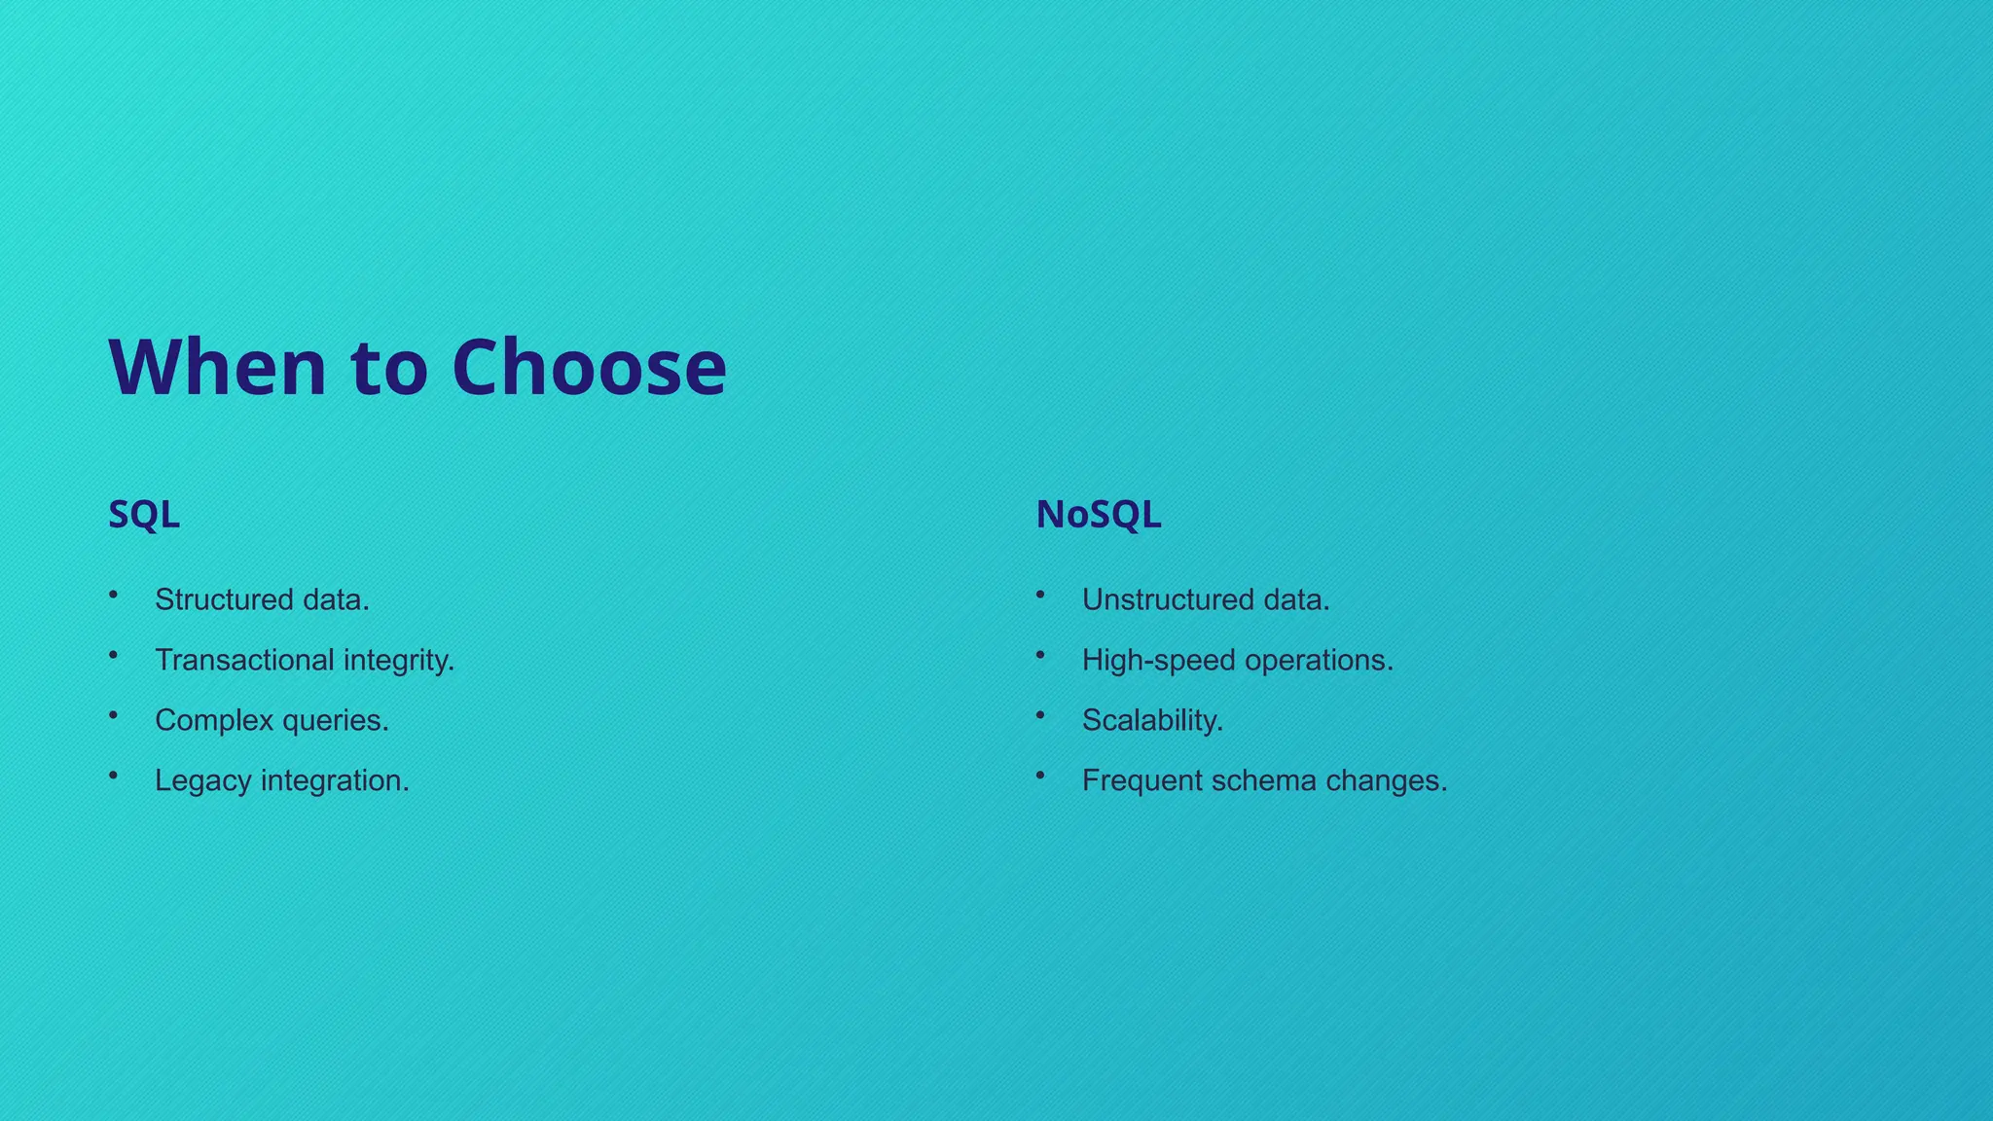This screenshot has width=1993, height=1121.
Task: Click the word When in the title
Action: (x=217, y=368)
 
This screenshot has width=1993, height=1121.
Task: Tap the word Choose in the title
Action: (x=589, y=368)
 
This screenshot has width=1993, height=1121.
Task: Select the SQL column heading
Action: (x=144, y=515)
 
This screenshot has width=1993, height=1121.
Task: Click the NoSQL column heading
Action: (x=1098, y=515)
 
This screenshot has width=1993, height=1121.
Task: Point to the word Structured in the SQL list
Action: (x=224, y=599)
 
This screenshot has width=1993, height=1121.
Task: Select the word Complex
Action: (x=213, y=721)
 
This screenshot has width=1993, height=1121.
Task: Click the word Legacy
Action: (x=203, y=781)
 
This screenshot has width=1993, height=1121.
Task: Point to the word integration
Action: (x=335, y=781)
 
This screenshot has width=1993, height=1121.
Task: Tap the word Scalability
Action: (x=1152, y=721)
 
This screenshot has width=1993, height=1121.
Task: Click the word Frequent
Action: (x=1142, y=780)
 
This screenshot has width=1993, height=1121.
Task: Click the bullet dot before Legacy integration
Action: (x=114, y=775)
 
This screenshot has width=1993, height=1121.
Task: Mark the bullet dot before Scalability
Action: (x=1040, y=714)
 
